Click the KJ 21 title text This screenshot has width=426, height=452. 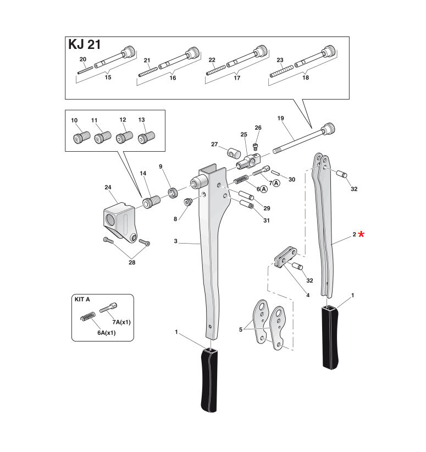(x=84, y=45)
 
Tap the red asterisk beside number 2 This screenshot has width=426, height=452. (x=361, y=235)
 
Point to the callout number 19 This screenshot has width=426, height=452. (x=280, y=118)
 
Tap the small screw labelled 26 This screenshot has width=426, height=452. (x=255, y=146)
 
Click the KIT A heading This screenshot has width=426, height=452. (x=82, y=300)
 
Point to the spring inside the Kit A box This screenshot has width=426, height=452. (x=88, y=318)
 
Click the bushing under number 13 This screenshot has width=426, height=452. (x=146, y=138)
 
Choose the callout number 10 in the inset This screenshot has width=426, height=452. (x=75, y=120)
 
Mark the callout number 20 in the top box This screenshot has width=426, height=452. (x=83, y=59)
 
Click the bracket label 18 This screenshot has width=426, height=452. (x=306, y=78)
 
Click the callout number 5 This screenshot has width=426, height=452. (x=240, y=329)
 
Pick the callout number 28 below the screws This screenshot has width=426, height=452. (x=131, y=263)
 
